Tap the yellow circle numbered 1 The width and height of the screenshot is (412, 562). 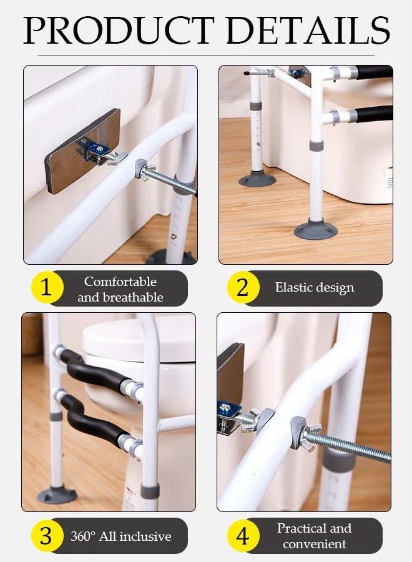point(46,288)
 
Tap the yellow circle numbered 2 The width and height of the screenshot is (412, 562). point(242,288)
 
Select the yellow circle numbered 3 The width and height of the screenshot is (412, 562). point(45,536)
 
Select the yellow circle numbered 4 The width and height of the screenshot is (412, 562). point(242,536)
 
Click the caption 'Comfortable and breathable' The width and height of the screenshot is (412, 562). point(120,289)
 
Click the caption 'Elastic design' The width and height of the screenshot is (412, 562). point(314,288)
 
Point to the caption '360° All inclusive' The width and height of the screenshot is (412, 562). point(120,536)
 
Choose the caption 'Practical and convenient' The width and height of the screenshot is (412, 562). point(314,536)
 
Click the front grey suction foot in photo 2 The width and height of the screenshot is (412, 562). point(316,229)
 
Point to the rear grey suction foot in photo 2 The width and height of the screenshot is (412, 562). point(257,180)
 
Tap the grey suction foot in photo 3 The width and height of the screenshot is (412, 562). point(57,495)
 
